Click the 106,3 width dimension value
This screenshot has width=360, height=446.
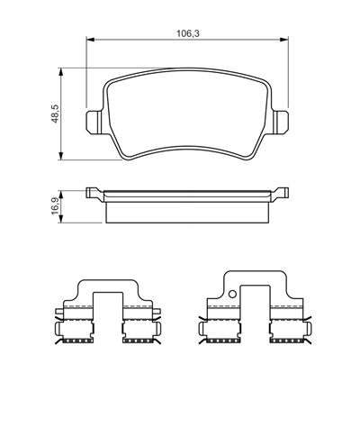pyautogui.click(x=188, y=33)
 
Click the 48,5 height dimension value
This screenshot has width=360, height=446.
pyautogui.click(x=55, y=114)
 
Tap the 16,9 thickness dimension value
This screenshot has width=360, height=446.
pyautogui.click(x=55, y=206)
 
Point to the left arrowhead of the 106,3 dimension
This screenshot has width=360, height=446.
pyautogui.click(x=90, y=40)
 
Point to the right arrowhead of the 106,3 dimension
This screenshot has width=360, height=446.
pyautogui.click(x=284, y=40)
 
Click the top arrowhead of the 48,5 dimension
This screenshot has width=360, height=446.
pyautogui.click(x=61, y=72)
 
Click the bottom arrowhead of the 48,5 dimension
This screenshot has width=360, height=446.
pyautogui.click(x=61, y=156)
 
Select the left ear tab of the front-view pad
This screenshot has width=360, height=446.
pyautogui.click(x=94, y=122)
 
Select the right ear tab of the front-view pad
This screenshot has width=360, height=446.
pyautogui.click(x=282, y=122)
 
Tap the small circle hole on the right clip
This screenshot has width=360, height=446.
pyautogui.click(x=232, y=294)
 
